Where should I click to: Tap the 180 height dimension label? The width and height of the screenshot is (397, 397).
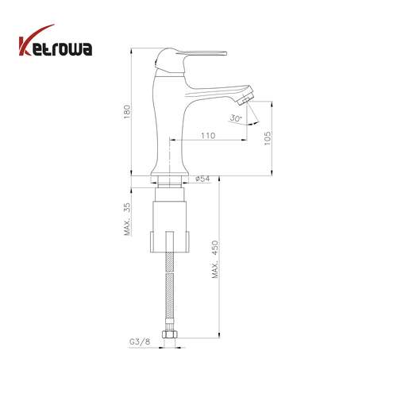[127, 112]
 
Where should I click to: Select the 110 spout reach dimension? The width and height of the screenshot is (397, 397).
[208, 136]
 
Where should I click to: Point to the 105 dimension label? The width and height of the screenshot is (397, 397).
[268, 138]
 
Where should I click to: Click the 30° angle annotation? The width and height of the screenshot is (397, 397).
[235, 118]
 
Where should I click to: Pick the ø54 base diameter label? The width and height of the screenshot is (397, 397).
[202, 179]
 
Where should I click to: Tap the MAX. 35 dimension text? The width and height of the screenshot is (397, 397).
[127, 219]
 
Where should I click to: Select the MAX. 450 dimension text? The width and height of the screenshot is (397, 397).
[215, 259]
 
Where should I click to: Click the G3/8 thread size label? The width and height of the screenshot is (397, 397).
[140, 341]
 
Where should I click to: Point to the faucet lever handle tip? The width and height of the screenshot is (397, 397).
[226, 53]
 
